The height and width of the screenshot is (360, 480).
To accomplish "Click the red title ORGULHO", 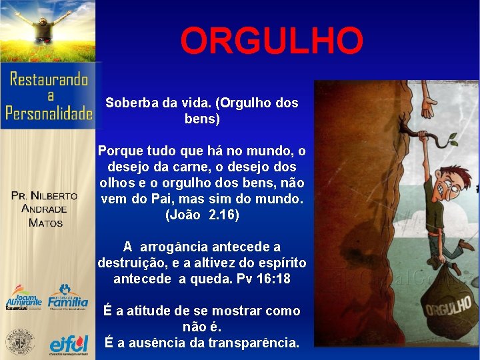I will [x=272, y=41].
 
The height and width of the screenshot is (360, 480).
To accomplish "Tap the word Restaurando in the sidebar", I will [x=49, y=80].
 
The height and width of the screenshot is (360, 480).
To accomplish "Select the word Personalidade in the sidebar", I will [x=49, y=113].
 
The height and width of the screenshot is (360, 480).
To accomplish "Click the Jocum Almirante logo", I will [x=23, y=298].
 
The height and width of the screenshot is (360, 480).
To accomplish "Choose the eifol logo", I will [x=69, y=344].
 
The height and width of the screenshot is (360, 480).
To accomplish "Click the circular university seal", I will [x=20, y=342].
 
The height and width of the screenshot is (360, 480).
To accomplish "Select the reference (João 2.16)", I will [x=201, y=215].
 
